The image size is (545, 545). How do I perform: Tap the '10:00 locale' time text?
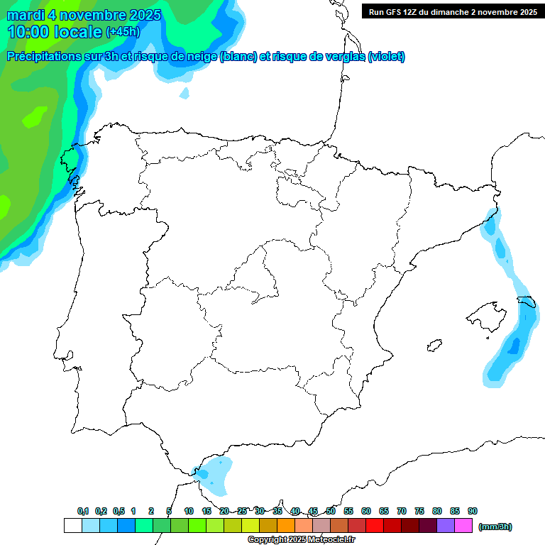click(x=55, y=32)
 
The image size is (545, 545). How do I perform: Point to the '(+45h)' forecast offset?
click(x=123, y=32)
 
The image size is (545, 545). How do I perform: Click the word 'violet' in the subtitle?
click(x=386, y=57)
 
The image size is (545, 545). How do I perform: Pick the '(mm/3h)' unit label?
click(x=495, y=527)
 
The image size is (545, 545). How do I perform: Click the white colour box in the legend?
click(x=72, y=525)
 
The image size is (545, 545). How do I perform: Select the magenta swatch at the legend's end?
click(x=463, y=525)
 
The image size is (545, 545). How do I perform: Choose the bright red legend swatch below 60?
click(x=375, y=525)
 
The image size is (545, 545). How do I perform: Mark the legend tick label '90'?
click(x=473, y=511)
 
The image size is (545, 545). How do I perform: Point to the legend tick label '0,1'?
click(x=83, y=511)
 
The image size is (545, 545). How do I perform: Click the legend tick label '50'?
click(x=331, y=511)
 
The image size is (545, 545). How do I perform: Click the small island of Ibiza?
click(x=433, y=346)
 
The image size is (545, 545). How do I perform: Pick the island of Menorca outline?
click(x=527, y=302)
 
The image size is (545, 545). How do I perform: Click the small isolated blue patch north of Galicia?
click(x=185, y=93)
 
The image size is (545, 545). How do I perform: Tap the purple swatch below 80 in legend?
click(x=446, y=525)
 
